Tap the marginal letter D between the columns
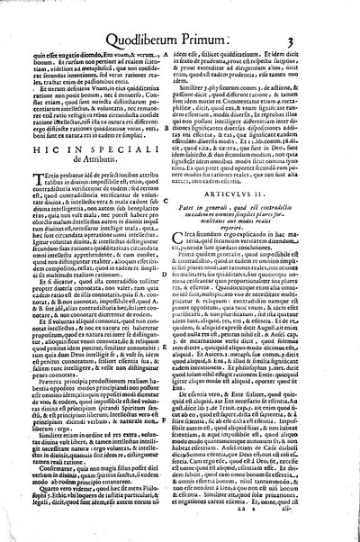pos(180,311)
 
